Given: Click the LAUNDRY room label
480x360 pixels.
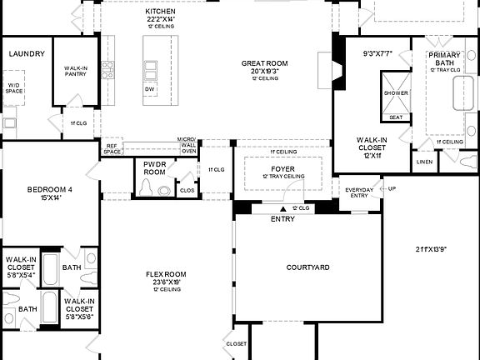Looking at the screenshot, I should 26,54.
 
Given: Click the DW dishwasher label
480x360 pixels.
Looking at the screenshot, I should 149,89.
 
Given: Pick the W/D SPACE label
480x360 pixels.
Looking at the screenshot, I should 15,87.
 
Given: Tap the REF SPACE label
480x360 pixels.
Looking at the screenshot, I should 112,148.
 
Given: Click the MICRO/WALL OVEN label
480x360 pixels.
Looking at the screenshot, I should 189,146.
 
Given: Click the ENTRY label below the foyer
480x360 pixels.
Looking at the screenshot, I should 282,219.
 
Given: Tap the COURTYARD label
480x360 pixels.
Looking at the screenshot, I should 308,267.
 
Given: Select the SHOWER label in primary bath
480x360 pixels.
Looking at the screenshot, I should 397,93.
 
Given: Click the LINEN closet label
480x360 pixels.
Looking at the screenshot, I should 424,162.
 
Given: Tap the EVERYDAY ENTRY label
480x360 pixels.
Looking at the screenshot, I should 361,192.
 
